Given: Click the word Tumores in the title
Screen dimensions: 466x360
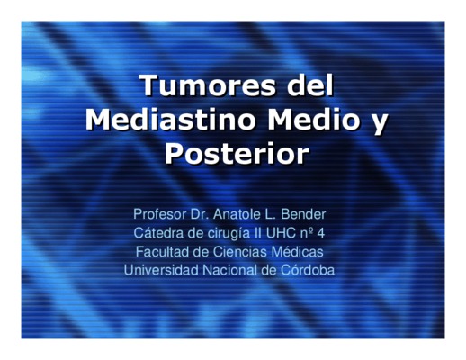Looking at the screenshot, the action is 208,85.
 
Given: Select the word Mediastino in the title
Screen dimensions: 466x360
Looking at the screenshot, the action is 171,120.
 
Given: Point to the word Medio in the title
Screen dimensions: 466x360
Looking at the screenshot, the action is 313,120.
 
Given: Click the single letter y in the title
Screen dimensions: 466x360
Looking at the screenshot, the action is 379,123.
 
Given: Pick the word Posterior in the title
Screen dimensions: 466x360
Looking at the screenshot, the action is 237,154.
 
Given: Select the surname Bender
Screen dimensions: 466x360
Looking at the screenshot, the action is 303,214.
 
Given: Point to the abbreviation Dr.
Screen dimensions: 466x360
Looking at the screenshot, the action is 200,214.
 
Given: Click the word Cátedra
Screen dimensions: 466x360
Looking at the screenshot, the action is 158,233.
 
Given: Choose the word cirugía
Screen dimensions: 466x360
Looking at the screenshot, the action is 229,234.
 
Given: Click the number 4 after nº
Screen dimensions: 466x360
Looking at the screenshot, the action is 321,233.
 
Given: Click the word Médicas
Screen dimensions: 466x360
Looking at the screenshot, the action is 297,251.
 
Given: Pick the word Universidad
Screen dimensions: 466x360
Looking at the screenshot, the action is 161,270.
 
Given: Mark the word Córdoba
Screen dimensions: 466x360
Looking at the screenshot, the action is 308,270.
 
